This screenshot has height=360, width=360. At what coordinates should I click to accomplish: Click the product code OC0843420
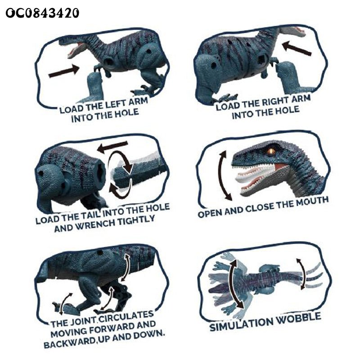coord(42,13)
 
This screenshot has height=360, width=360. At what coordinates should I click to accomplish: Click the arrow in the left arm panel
coord(64,71)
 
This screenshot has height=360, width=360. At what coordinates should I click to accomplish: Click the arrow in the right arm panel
coord(297,48)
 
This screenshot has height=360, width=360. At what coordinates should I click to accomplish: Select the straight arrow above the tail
coord(112,147)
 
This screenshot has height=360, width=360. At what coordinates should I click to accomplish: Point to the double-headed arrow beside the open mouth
coord(225,175)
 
